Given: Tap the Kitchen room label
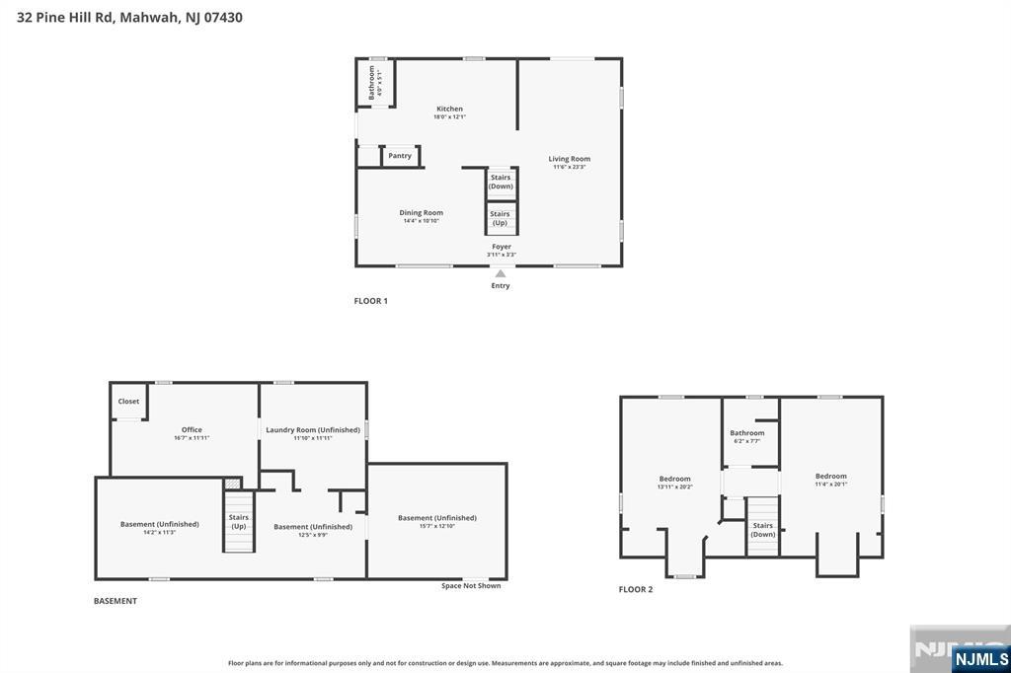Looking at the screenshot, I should (x=449, y=110).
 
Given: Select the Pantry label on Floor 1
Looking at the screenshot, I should (x=400, y=156).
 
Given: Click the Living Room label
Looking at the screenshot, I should (x=570, y=159).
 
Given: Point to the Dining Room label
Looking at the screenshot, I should (x=421, y=213).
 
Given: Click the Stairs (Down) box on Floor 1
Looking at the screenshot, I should (x=501, y=182).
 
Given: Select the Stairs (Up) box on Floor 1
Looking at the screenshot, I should (x=501, y=217).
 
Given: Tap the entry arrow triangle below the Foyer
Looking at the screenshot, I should (x=501, y=274).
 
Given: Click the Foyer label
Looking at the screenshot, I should (x=502, y=247).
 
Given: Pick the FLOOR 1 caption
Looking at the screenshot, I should (x=371, y=301).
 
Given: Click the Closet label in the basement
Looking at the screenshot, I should (x=128, y=402).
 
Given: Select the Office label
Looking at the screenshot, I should (x=192, y=430).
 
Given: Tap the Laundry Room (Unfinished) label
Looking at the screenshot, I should (x=312, y=430).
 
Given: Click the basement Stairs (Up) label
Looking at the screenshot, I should (x=239, y=521).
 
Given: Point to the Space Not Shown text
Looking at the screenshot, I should (x=471, y=586).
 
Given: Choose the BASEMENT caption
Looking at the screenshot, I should (x=116, y=601).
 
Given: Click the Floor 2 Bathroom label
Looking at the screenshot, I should (x=747, y=433).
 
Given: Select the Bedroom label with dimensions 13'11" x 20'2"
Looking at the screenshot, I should (x=675, y=479).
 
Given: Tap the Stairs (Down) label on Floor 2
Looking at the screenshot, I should (x=763, y=530).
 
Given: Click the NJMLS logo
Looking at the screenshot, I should (x=980, y=658).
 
